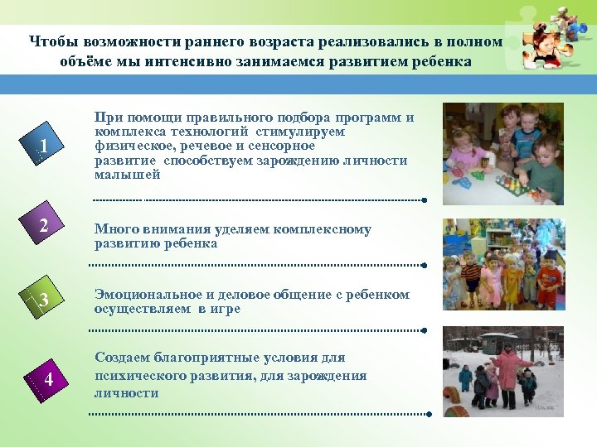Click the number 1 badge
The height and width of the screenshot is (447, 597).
[42, 148]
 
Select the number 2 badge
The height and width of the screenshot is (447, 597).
[44, 226]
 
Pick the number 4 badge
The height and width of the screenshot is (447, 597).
[49, 379]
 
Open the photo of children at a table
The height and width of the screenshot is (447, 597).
[503, 154]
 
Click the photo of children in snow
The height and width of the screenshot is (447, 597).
[503, 371]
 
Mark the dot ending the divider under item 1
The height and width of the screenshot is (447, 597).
[424, 200]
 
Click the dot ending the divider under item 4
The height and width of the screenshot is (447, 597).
[429, 414]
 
